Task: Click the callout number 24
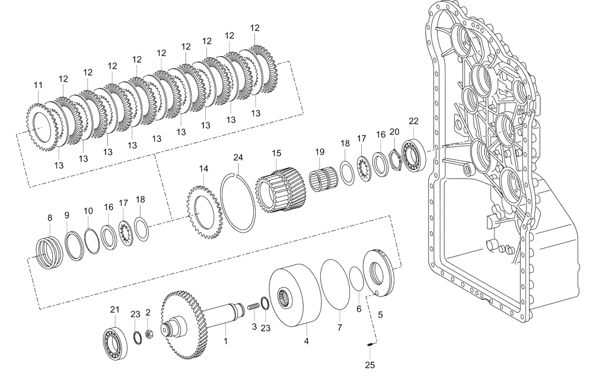238,157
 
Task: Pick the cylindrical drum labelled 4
292,295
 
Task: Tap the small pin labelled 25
370,346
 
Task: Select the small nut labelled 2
149,334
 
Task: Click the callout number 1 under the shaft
225,341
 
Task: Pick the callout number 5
380,315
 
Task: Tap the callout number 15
276,153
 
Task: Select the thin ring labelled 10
91,242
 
